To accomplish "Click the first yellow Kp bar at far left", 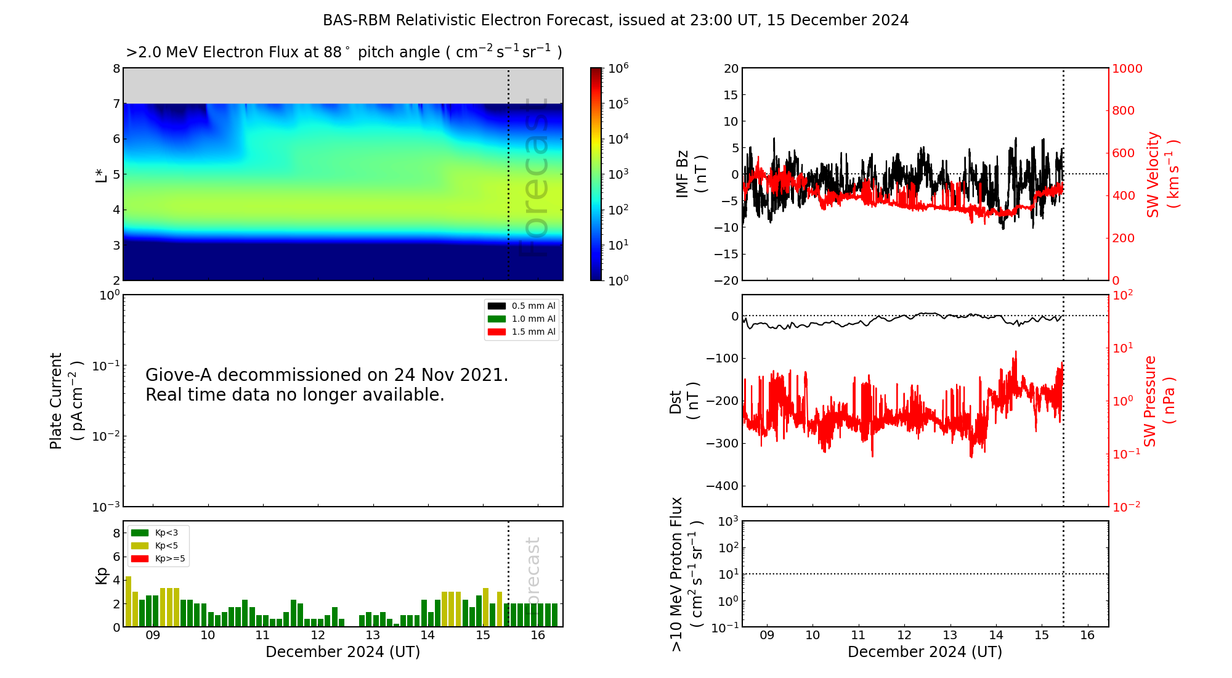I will [128, 602].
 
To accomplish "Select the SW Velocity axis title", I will [1162, 174].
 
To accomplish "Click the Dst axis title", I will [684, 401].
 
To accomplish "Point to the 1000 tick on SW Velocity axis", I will [1127, 68].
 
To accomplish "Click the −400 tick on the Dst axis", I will [722, 486].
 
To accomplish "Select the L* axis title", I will [101, 174].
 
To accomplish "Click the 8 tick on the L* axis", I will [116, 68].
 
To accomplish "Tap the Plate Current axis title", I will [65, 401].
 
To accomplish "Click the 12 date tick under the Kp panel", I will [317, 635].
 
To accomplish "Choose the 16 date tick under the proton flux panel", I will [1087, 635].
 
